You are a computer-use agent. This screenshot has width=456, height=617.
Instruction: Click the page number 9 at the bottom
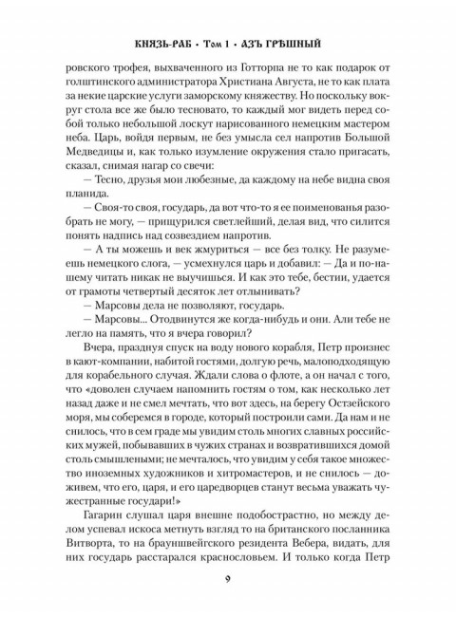[228, 581]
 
